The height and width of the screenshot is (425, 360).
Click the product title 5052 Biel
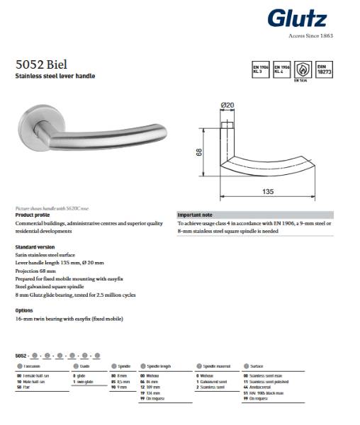pyautogui.click(x=41, y=63)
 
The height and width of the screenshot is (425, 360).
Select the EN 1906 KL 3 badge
pyautogui.click(x=259, y=69)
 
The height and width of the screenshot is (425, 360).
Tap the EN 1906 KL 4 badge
pyautogui.click(x=281, y=69)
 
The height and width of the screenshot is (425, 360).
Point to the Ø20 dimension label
pyautogui.click(x=228, y=106)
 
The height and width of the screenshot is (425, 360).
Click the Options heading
pyautogui.click(x=24, y=310)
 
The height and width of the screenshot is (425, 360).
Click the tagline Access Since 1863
pyautogui.click(x=310, y=35)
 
